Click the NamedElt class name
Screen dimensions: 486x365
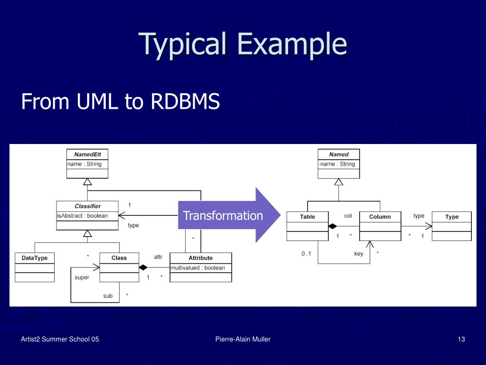click(x=87, y=154)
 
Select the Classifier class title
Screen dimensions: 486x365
click(x=88, y=206)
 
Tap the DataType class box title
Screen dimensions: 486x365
click(x=34, y=258)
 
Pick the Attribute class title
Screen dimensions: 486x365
click(x=201, y=258)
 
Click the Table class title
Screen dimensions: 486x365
click(x=308, y=217)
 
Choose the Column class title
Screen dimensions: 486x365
click(x=380, y=217)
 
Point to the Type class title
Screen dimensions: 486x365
click(x=452, y=217)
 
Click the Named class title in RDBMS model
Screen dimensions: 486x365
click(x=339, y=154)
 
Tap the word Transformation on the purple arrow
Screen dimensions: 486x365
click(x=223, y=215)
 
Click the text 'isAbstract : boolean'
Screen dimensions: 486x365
click(x=83, y=216)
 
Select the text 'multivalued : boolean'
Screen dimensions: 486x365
click(x=198, y=268)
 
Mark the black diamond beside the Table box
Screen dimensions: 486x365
click(x=333, y=226)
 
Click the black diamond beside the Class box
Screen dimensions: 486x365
click(x=143, y=267)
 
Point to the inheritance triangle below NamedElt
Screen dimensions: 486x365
click(x=87, y=182)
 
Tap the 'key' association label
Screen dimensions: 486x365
click(x=359, y=254)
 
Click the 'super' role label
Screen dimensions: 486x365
click(x=82, y=278)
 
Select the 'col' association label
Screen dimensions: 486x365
click(x=348, y=216)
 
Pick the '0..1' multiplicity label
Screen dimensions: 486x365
click(x=306, y=254)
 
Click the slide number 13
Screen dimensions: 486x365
click(x=461, y=339)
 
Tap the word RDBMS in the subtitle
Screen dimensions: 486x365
click(x=185, y=101)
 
